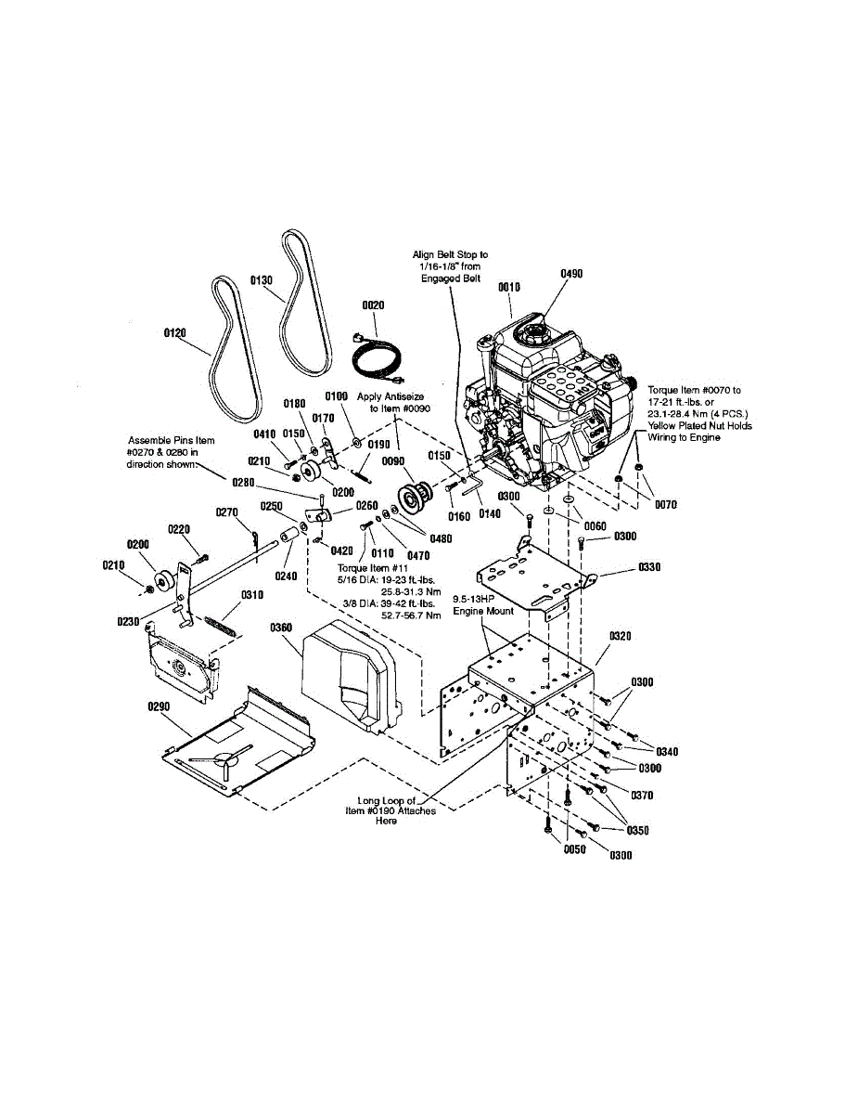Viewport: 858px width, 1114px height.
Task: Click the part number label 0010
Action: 509,287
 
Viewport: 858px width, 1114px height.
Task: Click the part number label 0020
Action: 373,304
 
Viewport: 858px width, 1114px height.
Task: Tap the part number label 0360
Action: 281,628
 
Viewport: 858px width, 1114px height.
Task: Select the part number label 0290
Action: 160,706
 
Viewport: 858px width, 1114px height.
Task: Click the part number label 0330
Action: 650,566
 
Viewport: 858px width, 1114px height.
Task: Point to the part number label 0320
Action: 621,637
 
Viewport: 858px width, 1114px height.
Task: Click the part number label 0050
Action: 576,849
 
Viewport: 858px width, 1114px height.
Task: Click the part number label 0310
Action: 252,595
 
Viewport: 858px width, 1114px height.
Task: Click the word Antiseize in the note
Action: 403,396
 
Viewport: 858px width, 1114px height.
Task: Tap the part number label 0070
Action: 664,505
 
